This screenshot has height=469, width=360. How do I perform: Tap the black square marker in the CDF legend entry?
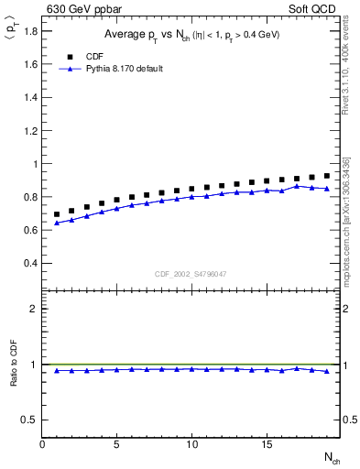(70, 56)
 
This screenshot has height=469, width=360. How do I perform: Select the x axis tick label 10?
(191, 444)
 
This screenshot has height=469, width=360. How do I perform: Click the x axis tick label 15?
(267, 444)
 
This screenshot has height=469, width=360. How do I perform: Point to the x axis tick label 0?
(42, 444)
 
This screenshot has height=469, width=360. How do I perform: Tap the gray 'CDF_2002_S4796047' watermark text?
(190, 274)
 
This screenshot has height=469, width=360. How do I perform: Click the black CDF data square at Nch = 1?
(57, 214)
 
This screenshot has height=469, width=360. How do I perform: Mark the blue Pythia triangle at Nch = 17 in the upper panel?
(297, 186)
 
